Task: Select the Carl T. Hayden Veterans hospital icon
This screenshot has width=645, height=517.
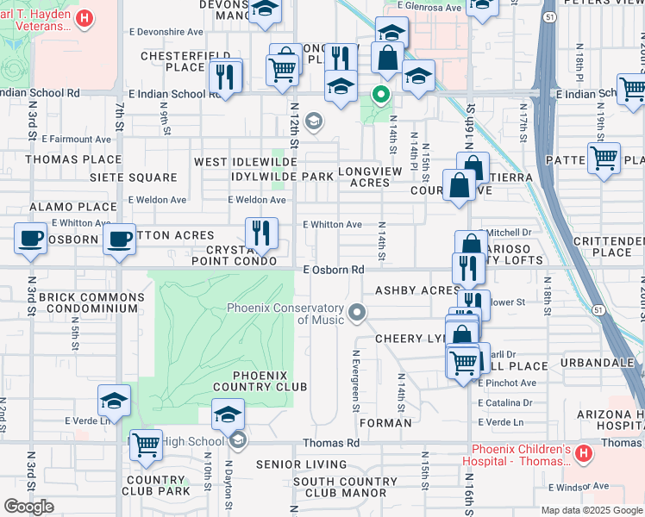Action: pos(84,18)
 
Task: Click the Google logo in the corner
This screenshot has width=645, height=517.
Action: pos(28,506)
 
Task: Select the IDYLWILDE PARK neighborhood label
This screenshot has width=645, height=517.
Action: pos(269,177)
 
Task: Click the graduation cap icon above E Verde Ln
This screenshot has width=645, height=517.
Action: pos(114,399)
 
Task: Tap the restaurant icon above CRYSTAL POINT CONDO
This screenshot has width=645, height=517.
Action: pos(261,232)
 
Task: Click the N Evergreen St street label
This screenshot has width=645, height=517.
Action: pos(354,378)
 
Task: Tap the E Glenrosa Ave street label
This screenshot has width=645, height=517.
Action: pos(429,8)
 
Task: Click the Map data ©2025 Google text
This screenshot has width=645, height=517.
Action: pos(590,510)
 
